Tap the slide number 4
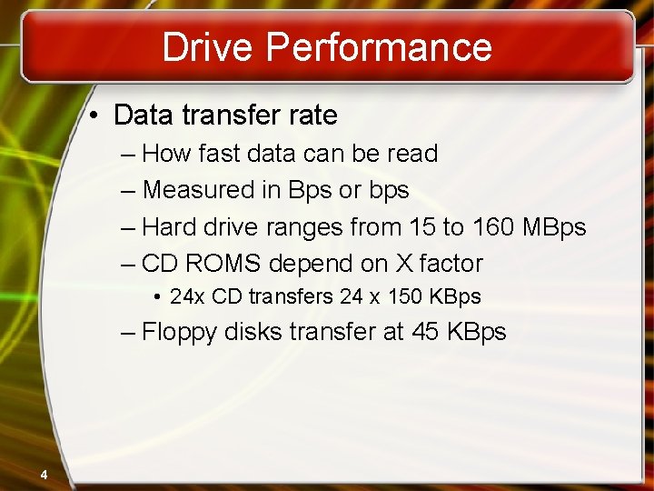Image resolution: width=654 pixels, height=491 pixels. pos(43,473)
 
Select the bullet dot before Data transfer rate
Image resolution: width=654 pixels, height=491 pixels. pos(95,116)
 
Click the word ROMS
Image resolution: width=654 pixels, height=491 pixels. pos(222,264)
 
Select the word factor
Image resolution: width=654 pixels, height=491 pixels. pos(451,264)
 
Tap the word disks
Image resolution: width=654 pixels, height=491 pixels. pos(254,332)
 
